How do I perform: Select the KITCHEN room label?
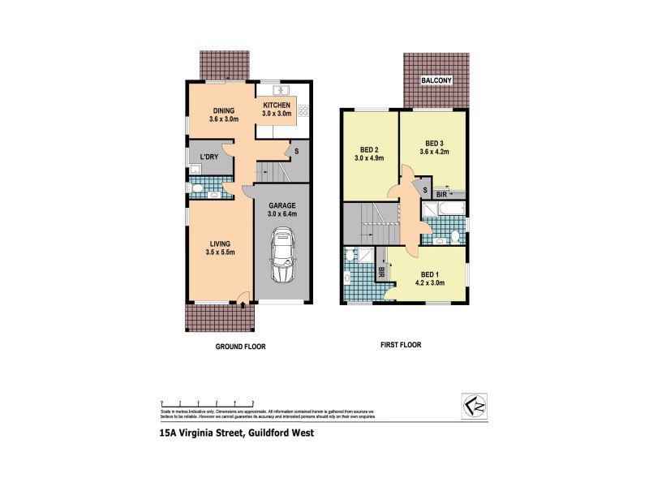tap(277, 106)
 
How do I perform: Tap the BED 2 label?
tap(368, 149)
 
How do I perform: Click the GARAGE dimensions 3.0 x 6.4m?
tap(283, 213)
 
